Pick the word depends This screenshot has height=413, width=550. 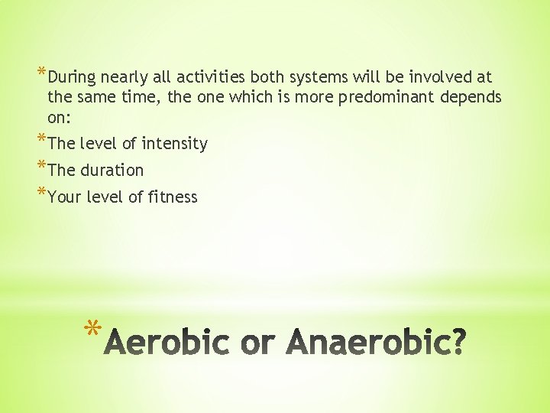472,97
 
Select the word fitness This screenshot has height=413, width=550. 173,197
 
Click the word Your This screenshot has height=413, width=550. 64,197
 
